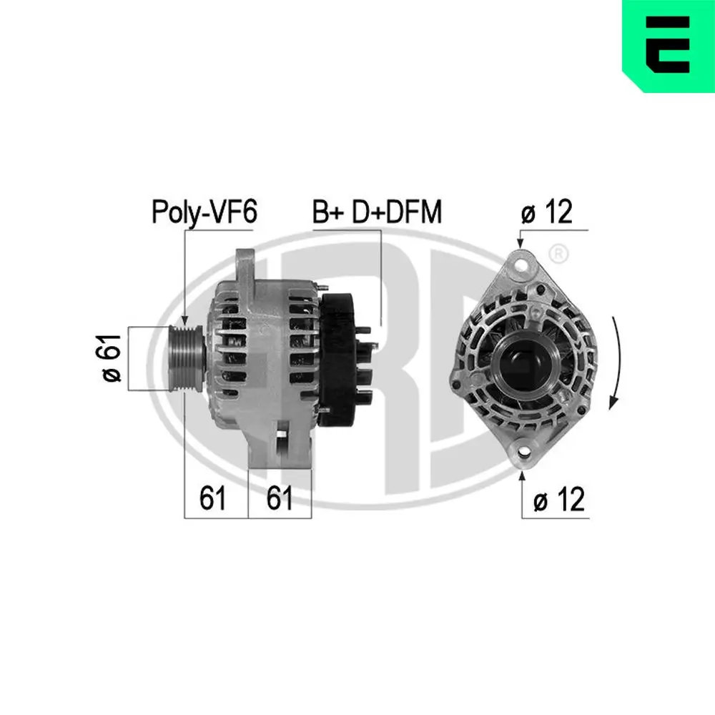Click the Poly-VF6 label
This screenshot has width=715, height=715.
[204, 212]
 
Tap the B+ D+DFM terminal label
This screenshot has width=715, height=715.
[377, 212]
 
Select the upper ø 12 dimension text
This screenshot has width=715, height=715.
[547, 212]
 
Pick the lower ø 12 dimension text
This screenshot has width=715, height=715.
[559, 499]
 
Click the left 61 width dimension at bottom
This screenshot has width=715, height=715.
[212, 498]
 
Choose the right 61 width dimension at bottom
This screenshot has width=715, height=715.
[280, 498]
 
